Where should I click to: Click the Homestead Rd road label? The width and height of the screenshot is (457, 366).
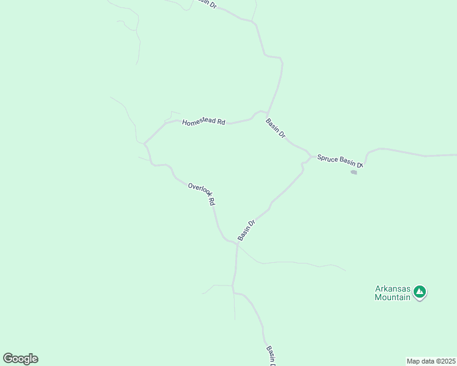pos(203,121)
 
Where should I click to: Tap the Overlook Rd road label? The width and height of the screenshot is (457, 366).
pos(202,194)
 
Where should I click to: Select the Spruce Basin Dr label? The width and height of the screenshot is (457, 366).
pos(340,161)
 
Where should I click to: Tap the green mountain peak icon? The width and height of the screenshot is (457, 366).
pos(420,293)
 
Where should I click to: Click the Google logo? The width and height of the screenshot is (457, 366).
pos(20,359)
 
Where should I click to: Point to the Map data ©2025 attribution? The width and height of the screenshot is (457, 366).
pos(431,361)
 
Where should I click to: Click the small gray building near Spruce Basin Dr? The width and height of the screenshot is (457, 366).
pos(354,172)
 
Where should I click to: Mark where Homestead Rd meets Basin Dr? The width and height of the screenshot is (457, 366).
pos(267,113)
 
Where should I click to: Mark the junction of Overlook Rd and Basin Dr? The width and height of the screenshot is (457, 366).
pos(236,243)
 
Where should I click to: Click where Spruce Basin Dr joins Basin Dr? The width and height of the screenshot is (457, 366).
pos(311,157)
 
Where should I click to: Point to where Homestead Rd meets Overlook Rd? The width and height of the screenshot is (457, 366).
pos(145,144)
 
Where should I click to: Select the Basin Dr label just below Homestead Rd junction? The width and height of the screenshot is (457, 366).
pos(276,128)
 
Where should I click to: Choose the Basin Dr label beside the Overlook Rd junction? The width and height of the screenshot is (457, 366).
pos(246,229)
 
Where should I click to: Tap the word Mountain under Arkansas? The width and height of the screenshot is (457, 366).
pos(393,298)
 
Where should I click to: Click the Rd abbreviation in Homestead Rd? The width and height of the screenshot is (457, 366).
pos(221,123)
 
